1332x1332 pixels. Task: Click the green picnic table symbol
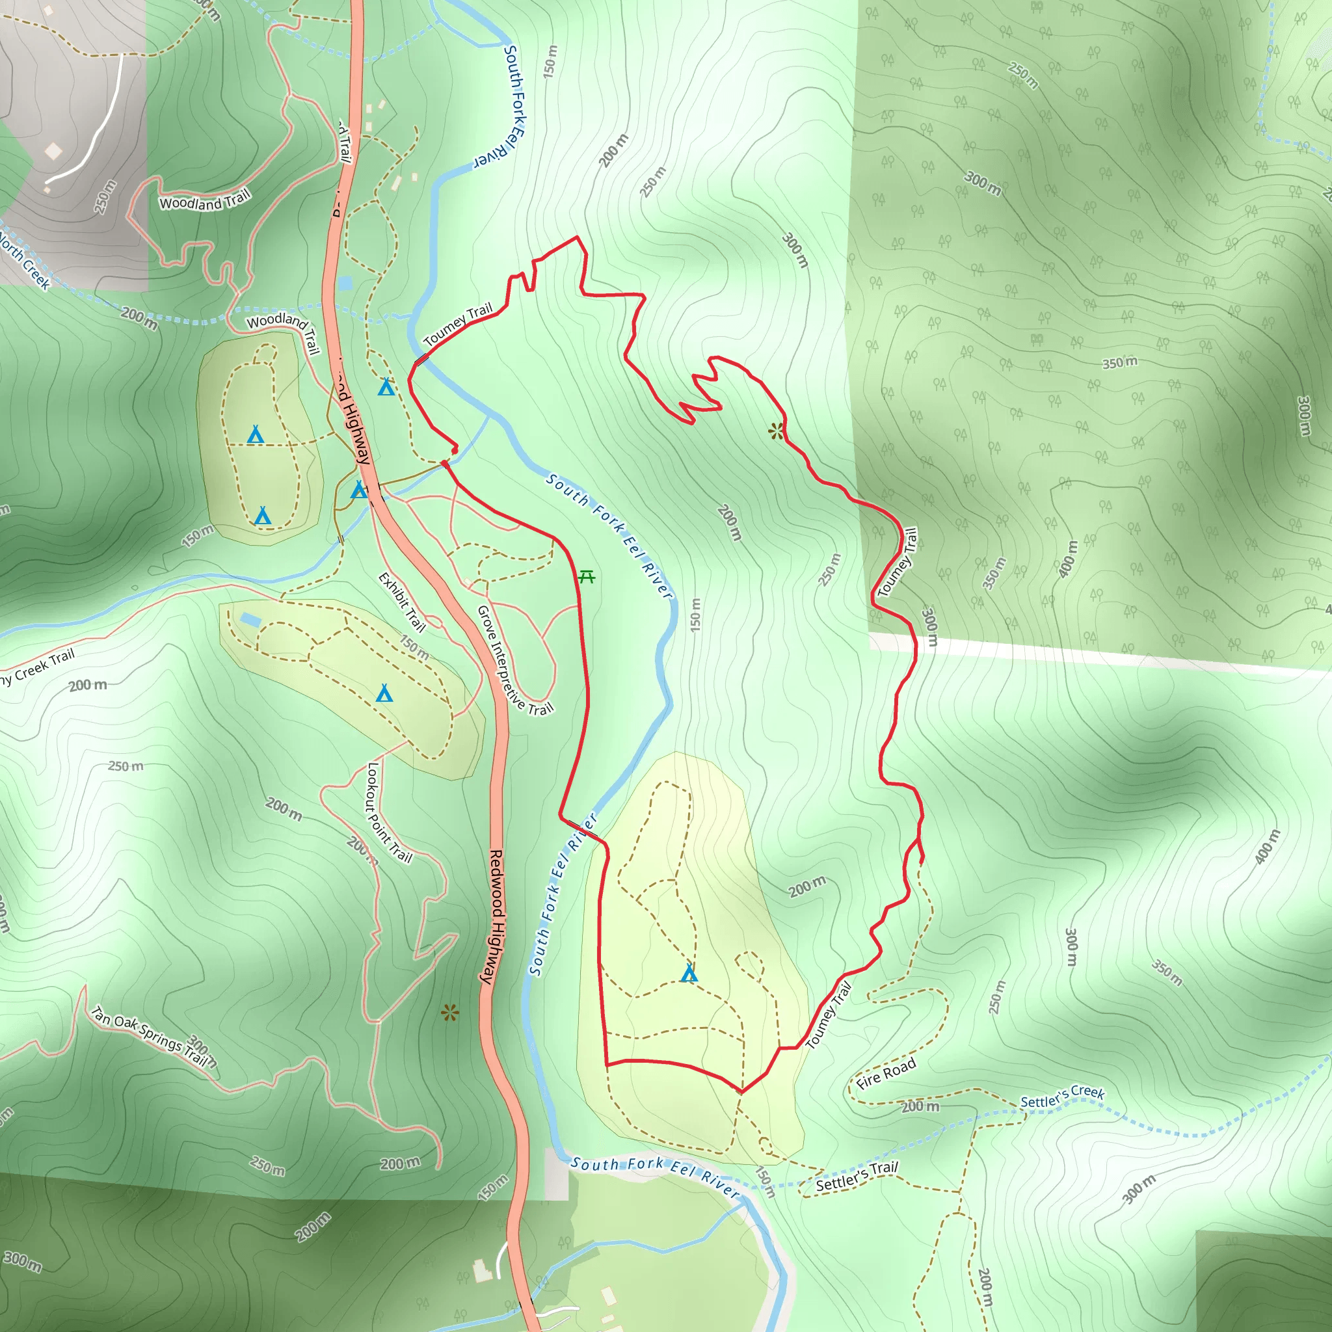coord(587,576)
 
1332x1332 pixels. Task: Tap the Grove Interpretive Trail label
coord(514,659)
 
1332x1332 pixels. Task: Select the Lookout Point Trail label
coord(389,812)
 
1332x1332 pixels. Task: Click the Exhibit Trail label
coord(402,602)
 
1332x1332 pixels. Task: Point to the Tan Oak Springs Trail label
coord(150,1035)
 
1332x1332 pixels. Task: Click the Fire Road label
coord(886,1073)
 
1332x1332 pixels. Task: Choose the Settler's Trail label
coord(857,1175)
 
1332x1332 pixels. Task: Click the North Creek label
coord(25,262)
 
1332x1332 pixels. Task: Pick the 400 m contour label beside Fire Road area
coord(1266,847)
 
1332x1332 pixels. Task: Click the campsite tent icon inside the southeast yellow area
coord(689,974)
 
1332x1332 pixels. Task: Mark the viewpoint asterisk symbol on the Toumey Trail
coord(777,432)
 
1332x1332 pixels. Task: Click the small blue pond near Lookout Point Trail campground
coord(250,620)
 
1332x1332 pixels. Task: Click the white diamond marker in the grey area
coord(53,150)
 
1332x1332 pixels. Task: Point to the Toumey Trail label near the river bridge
coord(459,323)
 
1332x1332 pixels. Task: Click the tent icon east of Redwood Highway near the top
coord(386,388)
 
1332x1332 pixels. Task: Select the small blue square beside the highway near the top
coord(345,283)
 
